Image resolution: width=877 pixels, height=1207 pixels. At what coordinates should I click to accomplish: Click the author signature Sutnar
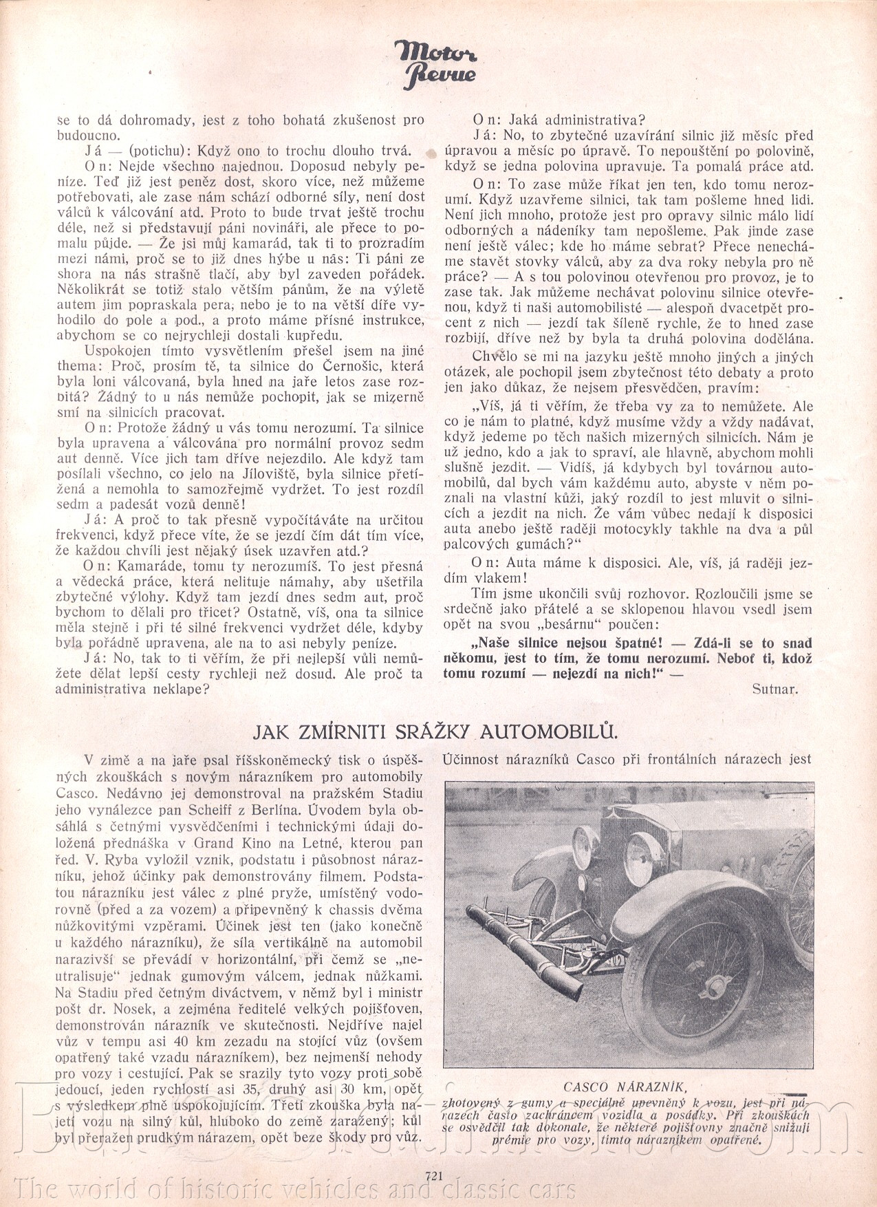[775, 690]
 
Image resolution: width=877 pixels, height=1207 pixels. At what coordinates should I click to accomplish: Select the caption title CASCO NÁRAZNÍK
[625, 1087]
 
